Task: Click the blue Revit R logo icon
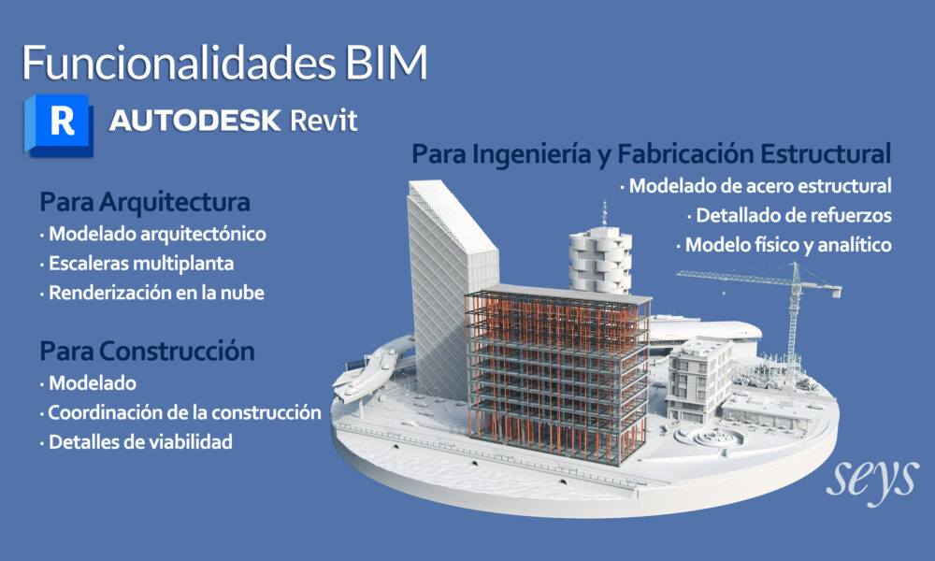58,125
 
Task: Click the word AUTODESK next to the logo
195,121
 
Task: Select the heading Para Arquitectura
145,202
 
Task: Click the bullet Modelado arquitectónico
153,234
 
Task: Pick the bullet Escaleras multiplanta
137,264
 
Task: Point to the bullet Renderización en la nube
152,293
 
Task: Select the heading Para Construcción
148,351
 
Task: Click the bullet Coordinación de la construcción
180,412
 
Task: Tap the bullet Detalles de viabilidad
137,441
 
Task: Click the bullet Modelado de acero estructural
756,186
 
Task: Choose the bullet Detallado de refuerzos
789,215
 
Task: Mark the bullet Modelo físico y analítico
784,245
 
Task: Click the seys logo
871,480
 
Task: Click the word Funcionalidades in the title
180,62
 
